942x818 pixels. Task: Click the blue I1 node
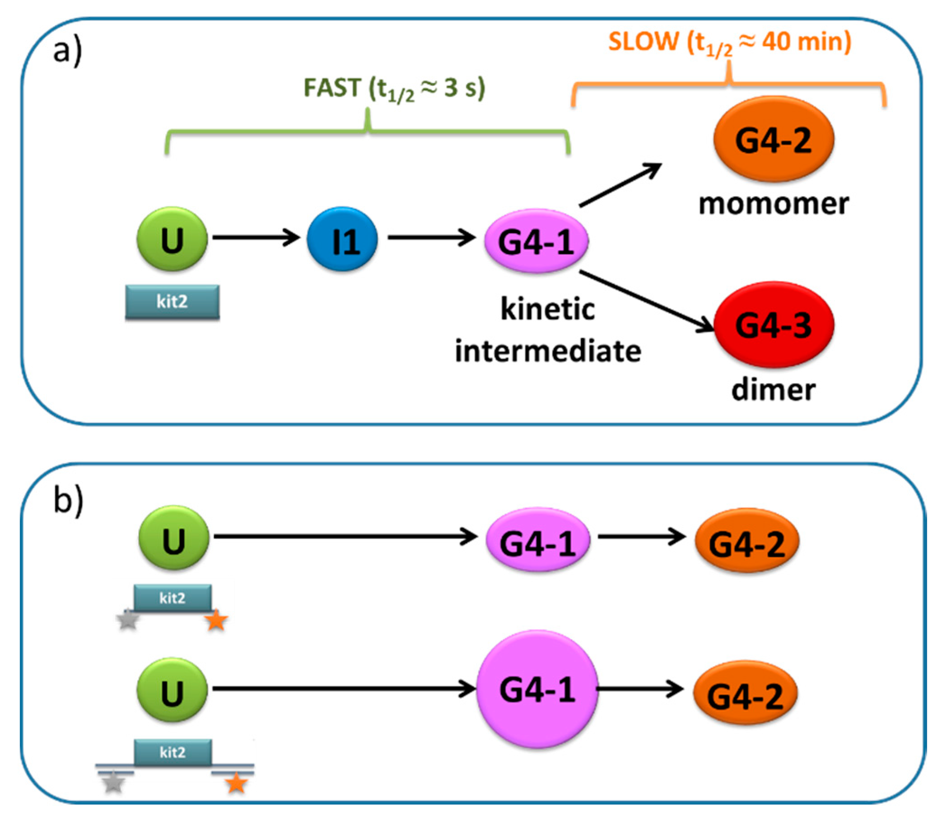point(342,239)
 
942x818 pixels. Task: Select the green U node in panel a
point(172,239)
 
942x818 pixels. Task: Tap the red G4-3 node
point(774,324)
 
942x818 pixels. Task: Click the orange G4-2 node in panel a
point(774,139)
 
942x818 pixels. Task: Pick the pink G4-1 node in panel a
point(536,240)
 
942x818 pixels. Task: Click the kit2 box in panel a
point(173,302)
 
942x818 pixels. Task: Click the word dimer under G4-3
point(774,390)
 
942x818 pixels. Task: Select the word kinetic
point(548,309)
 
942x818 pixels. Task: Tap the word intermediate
point(548,351)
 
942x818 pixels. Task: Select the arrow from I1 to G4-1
point(432,237)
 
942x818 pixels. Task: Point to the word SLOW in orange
point(644,42)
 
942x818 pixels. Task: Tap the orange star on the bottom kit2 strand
point(237,784)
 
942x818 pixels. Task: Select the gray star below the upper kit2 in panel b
point(128,621)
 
